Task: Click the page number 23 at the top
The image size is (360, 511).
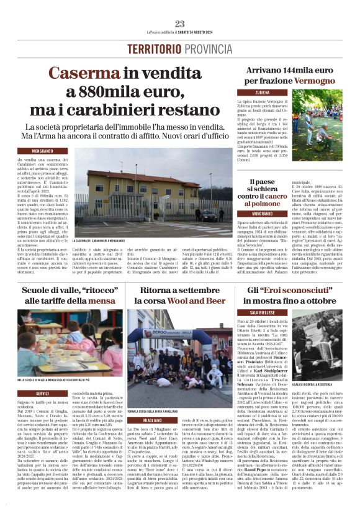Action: coord(180,24)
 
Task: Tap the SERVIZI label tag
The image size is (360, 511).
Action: coord(43,394)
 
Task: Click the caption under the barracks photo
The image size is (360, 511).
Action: coord(107,240)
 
